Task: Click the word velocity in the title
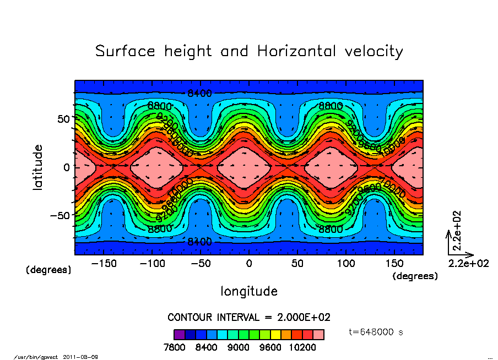[x=372, y=52]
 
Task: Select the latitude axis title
[x=38, y=167]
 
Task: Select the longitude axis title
[x=249, y=291]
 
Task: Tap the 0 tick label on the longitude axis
[x=249, y=264]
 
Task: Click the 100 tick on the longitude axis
[x=346, y=264]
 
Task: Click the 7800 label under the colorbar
[x=178, y=347]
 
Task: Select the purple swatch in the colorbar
[x=179, y=334]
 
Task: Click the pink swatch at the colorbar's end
[x=319, y=334]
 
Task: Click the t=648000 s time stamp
[x=377, y=332]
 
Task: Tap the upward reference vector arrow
[x=448, y=243]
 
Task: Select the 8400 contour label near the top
[x=199, y=93]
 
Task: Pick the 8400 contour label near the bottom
[x=199, y=241]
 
